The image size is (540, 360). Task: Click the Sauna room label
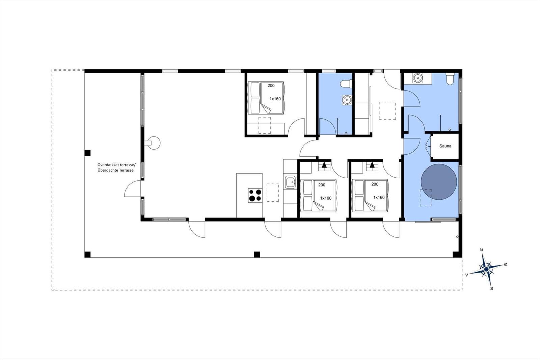click(445, 146)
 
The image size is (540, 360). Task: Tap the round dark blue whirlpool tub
click(439, 182)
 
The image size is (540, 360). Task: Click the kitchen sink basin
click(290, 182)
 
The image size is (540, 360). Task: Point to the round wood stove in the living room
click(153, 143)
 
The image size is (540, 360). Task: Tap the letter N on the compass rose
click(481, 250)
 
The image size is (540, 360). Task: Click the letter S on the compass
click(491, 289)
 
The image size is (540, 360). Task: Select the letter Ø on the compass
click(506, 264)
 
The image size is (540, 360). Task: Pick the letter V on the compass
click(467, 275)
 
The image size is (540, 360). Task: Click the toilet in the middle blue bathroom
click(346, 84)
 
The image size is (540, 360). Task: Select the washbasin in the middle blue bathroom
click(347, 100)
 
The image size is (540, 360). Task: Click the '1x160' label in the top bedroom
click(275, 99)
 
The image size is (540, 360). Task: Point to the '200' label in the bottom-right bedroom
click(375, 184)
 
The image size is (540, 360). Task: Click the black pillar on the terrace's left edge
click(87, 153)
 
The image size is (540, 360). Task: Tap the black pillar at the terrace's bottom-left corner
click(87, 255)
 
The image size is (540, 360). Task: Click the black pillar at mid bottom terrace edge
click(257, 255)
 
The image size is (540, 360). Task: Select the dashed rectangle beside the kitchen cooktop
click(273, 192)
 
